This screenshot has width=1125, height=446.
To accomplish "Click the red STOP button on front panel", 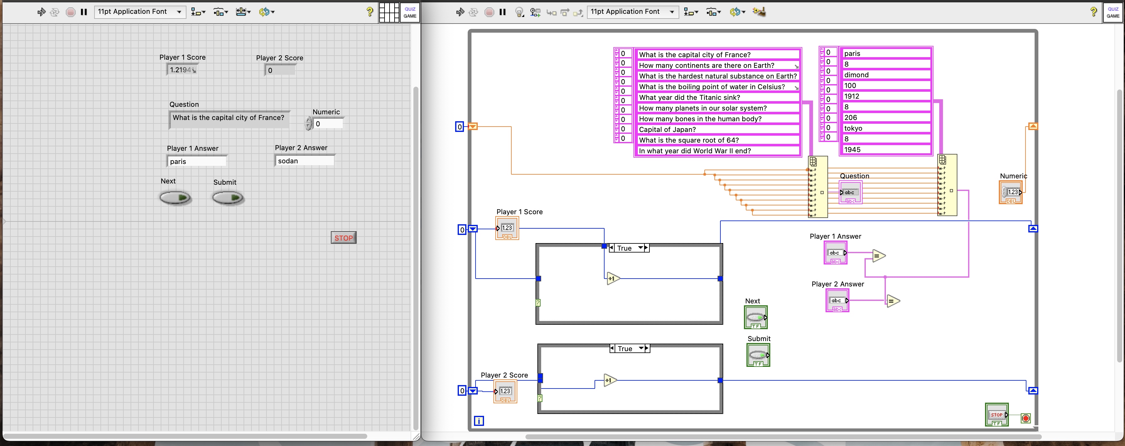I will click(x=343, y=238).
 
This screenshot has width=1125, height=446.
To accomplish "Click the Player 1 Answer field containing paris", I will click(x=196, y=161).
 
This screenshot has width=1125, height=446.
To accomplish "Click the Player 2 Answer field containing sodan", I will click(x=304, y=161).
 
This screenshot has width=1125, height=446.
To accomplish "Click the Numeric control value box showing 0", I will click(x=328, y=124).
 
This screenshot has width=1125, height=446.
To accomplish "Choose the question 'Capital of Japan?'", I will click(x=716, y=129).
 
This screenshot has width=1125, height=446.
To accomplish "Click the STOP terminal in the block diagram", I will click(x=997, y=415).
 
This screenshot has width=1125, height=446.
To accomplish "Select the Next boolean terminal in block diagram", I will click(x=756, y=318).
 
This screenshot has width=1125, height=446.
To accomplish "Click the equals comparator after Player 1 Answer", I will click(x=878, y=256).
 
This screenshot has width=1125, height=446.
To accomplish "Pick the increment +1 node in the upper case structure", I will click(x=613, y=279).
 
